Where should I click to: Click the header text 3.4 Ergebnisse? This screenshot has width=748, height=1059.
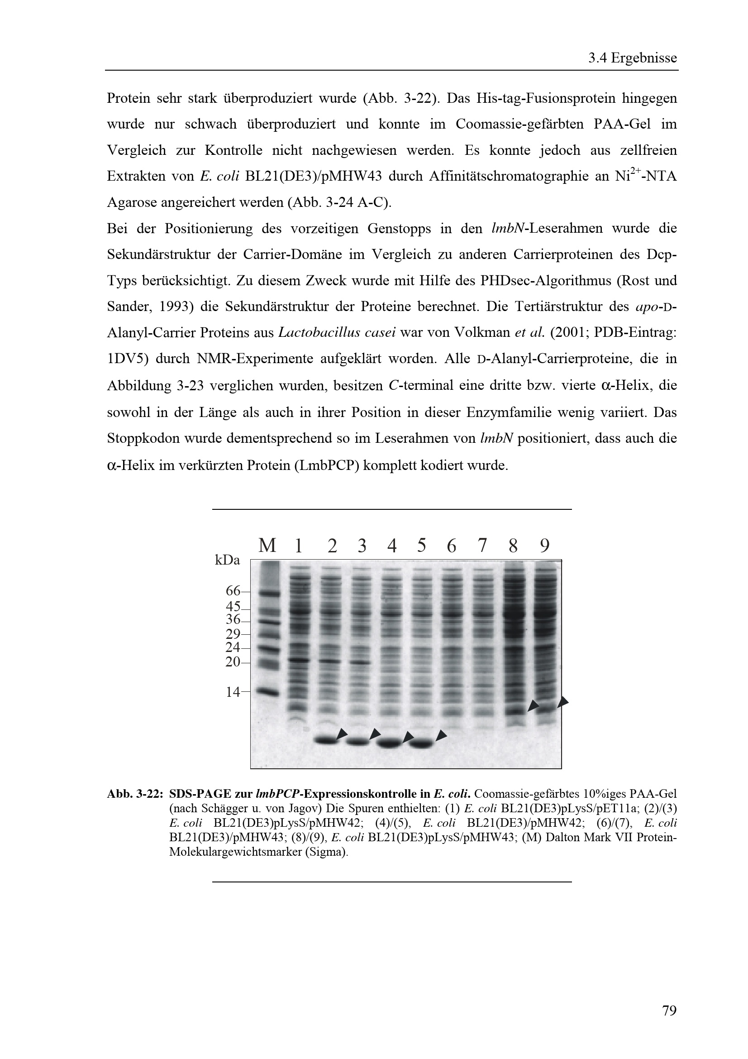(x=632, y=58)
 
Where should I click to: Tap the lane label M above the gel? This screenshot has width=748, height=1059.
(x=267, y=546)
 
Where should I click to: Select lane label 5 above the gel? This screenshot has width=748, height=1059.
(x=421, y=546)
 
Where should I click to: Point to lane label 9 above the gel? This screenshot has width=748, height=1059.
(x=544, y=546)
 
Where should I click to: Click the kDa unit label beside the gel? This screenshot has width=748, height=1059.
(x=227, y=561)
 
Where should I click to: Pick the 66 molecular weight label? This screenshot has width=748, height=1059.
(x=233, y=590)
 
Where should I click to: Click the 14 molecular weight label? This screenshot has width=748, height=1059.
(x=233, y=691)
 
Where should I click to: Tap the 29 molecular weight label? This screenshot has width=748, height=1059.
(x=233, y=633)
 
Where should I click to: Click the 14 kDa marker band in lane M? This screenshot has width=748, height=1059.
(x=268, y=691)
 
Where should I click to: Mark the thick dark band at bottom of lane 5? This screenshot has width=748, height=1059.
(x=421, y=743)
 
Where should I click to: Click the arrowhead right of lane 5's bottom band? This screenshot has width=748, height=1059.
(x=441, y=735)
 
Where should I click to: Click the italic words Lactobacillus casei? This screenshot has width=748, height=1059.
(x=337, y=333)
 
